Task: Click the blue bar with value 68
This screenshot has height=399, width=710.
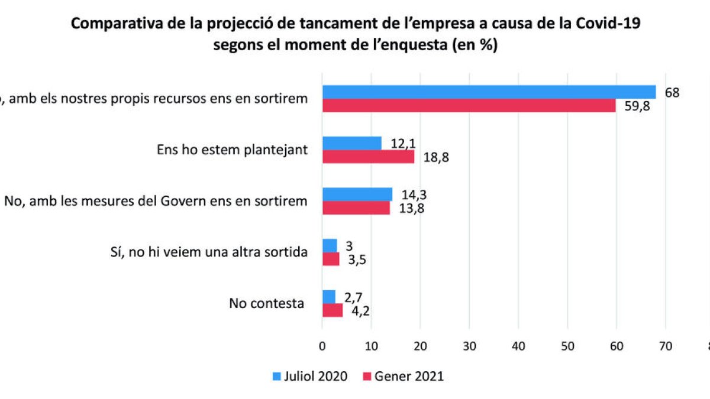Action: click(488, 92)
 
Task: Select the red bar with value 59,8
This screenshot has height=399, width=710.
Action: click(469, 105)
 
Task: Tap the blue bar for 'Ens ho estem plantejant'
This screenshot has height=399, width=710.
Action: click(351, 143)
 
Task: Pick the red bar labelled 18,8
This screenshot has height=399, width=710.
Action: click(368, 157)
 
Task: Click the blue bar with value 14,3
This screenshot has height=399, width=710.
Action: click(357, 194)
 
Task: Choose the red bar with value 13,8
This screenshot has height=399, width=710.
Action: click(356, 207)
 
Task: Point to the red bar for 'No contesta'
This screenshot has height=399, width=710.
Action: click(332, 310)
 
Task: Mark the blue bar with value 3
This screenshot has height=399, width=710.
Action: click(329, 245)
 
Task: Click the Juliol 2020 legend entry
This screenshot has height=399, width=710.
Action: click(309, 376)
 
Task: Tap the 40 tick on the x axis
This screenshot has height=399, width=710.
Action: click(518, 347)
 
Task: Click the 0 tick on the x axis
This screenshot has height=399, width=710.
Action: click(322, 347)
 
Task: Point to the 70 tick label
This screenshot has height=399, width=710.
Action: click(665, 347)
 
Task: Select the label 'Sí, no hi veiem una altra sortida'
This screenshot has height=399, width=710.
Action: click(205, 252)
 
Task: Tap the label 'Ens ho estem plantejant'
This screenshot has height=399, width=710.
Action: click(232, 150)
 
